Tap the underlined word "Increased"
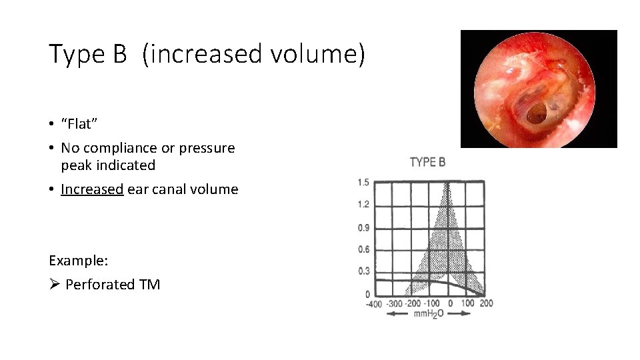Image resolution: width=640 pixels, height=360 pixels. point(92,189)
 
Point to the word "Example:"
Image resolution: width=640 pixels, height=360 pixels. point(79,260)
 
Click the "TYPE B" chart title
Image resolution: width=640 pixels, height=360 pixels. point(428,162)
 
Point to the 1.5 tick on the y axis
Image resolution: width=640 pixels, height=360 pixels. point(363,182)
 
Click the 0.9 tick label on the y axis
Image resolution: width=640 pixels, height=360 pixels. point(363,227)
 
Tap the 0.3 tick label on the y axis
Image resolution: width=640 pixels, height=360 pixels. point(363,272)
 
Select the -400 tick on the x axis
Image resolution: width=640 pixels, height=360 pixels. point(374,304)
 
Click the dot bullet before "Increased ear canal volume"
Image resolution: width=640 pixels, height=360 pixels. point(51,189)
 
